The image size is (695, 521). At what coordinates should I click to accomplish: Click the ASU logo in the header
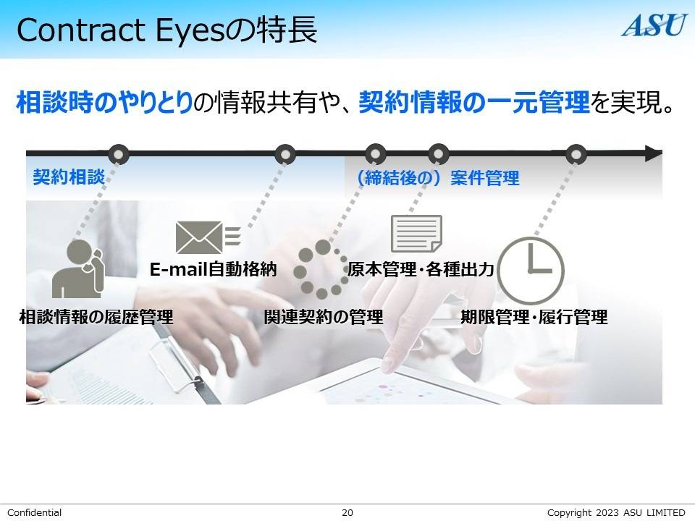[x=654, y=25]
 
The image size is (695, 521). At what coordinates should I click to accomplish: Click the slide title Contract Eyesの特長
[x=167, y=31]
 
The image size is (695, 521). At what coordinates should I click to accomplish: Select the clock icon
[x=531, y=270]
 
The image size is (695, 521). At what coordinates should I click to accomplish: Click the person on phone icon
[x=79, y=268]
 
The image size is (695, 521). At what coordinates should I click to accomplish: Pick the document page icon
[x=416, y=234]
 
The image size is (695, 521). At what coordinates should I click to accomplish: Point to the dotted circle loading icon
[x=322, y=269]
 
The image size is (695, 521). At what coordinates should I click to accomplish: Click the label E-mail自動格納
[x=213, y=270]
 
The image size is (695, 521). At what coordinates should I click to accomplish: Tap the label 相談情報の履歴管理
[x=96, y=317]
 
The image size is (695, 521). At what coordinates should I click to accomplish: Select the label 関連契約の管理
[x=323, y=317]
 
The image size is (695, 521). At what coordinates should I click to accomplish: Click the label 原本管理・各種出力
[x=421, y=270]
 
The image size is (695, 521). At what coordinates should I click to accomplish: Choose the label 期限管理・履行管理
[x=534, y=317]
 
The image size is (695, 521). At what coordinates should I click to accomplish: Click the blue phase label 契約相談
[x=69, y=177]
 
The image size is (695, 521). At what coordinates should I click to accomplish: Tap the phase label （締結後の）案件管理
[x=437, y=178]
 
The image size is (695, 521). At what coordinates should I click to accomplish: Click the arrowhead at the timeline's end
[x=653, y=153]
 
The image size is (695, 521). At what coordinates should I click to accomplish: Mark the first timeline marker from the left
[x=118, y=153]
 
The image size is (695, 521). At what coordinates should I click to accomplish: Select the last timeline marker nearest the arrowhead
[x=576, y=153]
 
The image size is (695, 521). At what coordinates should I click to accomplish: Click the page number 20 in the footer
[x=347, y=512]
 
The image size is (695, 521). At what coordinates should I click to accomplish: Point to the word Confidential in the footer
[x=35, y=512]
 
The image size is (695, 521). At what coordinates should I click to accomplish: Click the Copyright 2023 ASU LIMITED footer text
[x=615, y=512]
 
